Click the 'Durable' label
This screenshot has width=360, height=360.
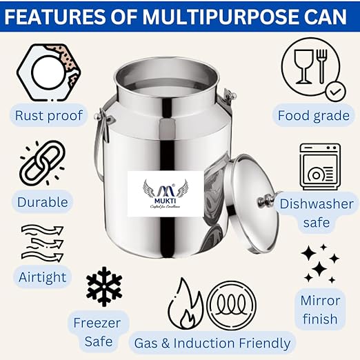pyautogui.click(x=43, y=201)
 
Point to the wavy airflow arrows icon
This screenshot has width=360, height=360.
pyautogui.click(x=42, y=241)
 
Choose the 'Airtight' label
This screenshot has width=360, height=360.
pyautogui.click(x=43, y=277)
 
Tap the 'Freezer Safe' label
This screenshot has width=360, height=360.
pyautogui.click(x=97, y=331)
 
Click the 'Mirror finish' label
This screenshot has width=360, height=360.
pyautogui.click(x=320, y=310)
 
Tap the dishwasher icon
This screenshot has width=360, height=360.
pyautogui.click(x=319, y=168)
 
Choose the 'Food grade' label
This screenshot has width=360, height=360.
pyautogui.click(x=313, y=115)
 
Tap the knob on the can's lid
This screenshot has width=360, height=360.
pyautogui.click(x=262, y=201)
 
